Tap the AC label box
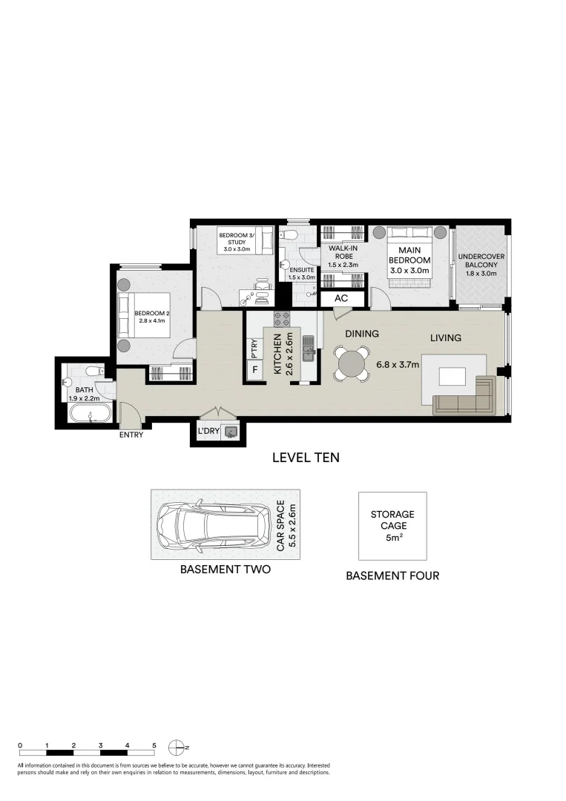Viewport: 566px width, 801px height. [341, 298]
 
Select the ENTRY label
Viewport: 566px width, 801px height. [131, 435]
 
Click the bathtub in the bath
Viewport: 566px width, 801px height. [90, 413]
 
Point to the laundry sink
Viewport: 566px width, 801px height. [231, 432]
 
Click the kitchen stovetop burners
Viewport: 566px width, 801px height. [281, 319]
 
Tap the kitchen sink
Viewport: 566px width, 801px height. [308, 349]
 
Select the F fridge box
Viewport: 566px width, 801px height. [254, 369]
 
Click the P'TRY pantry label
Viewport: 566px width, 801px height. [254, 349]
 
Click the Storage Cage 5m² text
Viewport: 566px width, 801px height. [392, 526]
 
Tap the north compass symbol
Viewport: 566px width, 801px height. [177, 748]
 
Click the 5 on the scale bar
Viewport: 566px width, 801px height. [154, 745]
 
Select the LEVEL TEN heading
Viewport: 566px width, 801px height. [306, 457]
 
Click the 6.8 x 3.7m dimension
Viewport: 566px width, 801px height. [398, 365]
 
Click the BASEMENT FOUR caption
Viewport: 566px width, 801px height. [392, 576]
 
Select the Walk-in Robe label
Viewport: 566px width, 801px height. [343, 257]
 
